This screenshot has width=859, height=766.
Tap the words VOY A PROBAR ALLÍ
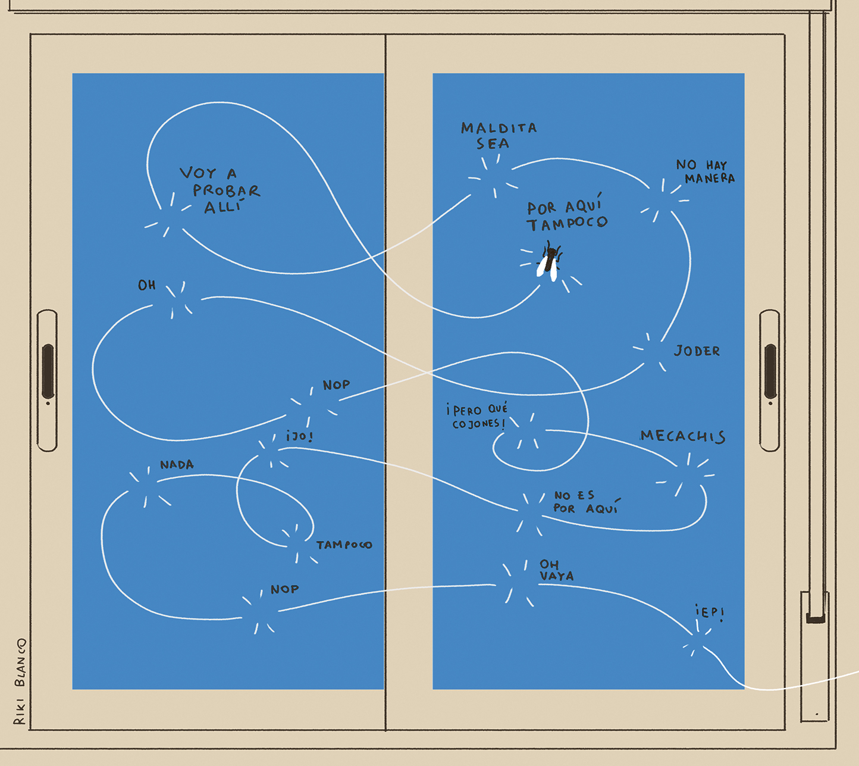tap(220, 190)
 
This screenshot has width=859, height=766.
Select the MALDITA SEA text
tap(499, 136)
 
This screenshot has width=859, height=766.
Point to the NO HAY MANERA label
tap(706, 171)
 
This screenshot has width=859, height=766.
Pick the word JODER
tap(697, 351)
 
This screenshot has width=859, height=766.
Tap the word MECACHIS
tap(683, 436)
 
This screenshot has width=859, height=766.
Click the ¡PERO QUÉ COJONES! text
tap(476, 416)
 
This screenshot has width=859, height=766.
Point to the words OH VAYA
tap(556, 570)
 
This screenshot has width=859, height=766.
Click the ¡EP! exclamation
tap(710, 613)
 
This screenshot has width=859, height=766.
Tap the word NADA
tap(177, 464)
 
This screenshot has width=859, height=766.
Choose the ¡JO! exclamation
tap(300, 436)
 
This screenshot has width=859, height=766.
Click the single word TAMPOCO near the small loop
tap(344, 545)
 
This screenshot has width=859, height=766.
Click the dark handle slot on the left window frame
tap(48, 371)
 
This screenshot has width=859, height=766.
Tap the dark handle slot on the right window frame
tap(770, 371)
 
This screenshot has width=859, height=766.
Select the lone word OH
tap(147, 285)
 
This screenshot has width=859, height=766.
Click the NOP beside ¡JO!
tap(336, 384)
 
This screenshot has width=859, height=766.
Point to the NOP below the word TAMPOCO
tap(284, 589)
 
